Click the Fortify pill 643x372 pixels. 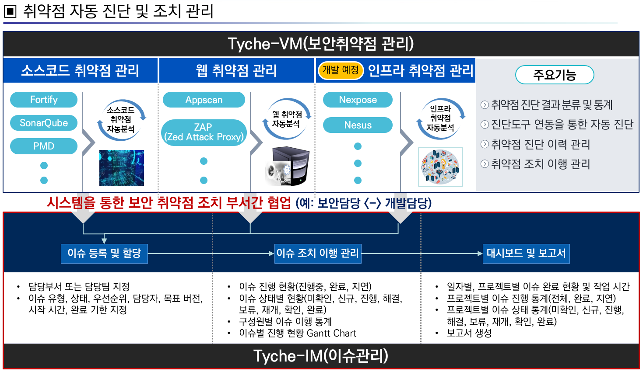pyautogui.click(x=44, y=100)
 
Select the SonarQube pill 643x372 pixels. pyautogui.click(x=44, y=123)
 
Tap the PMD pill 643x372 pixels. pyautogui.click(x=44, y=146)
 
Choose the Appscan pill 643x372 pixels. pyautogui.click(x=204, y=100)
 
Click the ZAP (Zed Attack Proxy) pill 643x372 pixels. pyautogui.click(x=204, y=132)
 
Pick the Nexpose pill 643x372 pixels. pyautogui.click(x=358, y=100)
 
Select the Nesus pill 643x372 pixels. pyautogui.click(x=358, y=125)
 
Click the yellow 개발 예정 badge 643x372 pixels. pyautogui.click(x=341, y=70)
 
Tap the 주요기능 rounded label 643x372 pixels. pyautogui.click(x=555, y=74)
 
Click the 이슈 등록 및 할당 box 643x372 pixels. pyautogui.click(x=104, y=254)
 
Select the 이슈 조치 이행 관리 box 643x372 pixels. pyautogui.click(x=318, y=254)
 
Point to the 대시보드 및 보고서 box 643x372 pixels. pyautogui.click(x=526, y=254)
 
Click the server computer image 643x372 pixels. pyautogui.click(x=288, y=166)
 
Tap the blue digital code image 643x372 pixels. pyautogui.click(x=122, y=168)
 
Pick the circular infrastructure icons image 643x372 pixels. pyautogui.click(x=440, y=167)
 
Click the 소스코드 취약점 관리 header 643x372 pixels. pyautogui.click(x=81, y=70)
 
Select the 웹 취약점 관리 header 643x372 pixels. pyautogui.click(x=236, y=70)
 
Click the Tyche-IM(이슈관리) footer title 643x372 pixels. pyautogui.click(x=321, y=356)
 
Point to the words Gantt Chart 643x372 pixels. pyautogui.click(x=331, y=333)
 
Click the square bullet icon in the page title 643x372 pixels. pyautogui.click(x=10, y=11)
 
